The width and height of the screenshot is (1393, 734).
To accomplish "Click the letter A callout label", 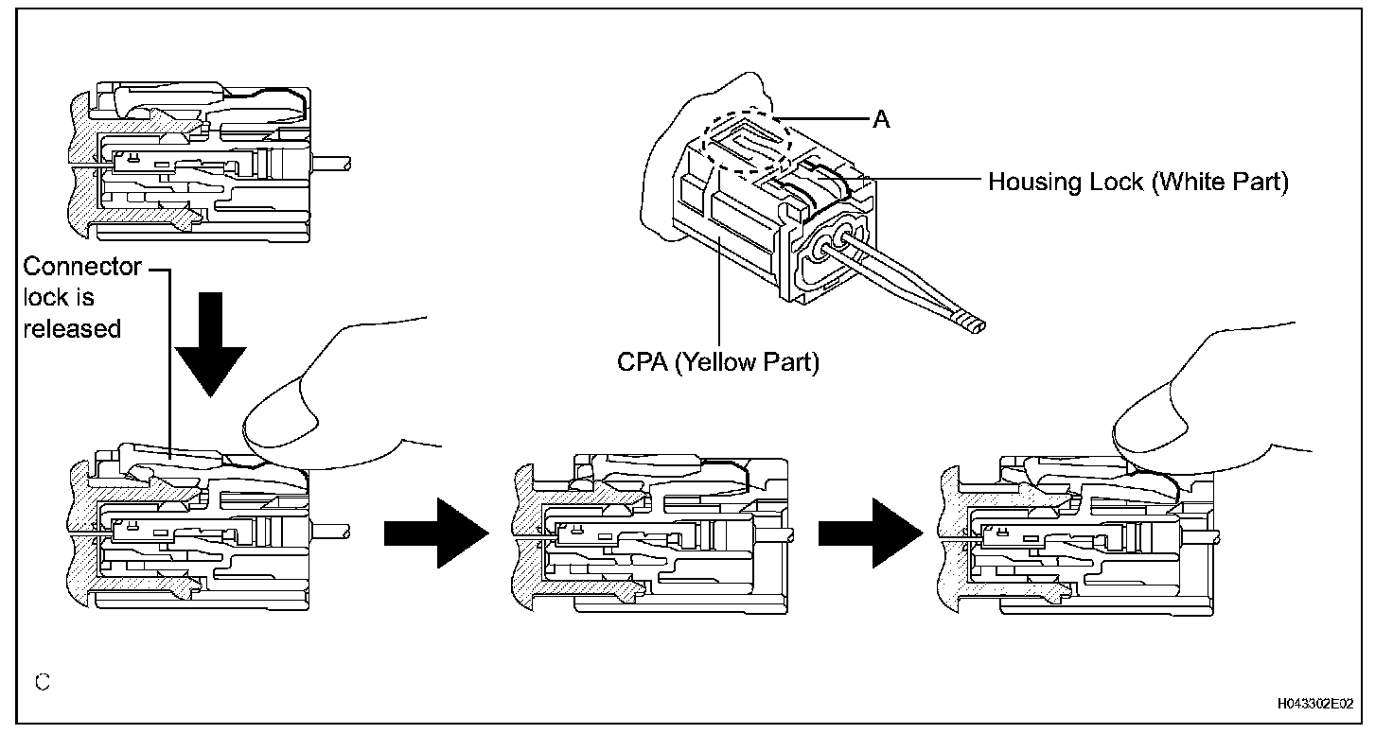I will click(881, 120).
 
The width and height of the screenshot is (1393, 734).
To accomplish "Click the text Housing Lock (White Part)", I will click(1137, 182).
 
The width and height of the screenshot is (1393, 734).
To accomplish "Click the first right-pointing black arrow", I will click(435, 533).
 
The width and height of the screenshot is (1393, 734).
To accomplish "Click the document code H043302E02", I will click(1314, 704).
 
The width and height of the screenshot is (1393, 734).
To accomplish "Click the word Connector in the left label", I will click(82, 267).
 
